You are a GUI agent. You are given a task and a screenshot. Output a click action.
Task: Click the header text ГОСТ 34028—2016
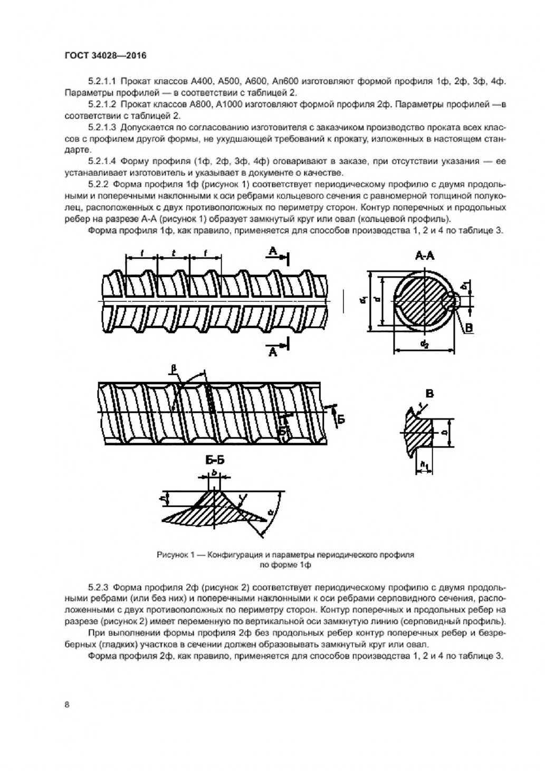click(x=105, y=55)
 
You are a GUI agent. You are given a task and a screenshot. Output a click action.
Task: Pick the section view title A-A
click(x=425, y=256)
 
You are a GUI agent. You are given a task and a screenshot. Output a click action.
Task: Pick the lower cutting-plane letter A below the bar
click(x=273, y=352)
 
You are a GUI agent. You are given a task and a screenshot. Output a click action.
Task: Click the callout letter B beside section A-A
click(x=469, y=328)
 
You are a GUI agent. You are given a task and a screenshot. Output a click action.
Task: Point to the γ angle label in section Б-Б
click(x=241, y=499)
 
